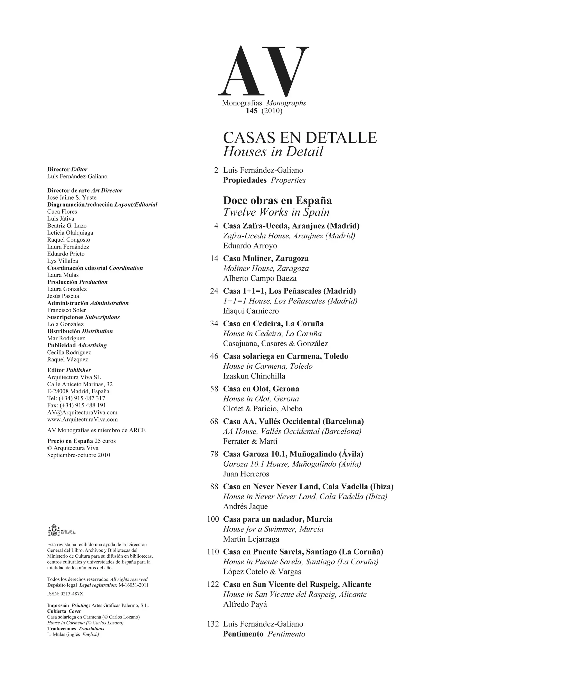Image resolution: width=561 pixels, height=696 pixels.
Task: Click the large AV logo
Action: pyautogui.click(x=263, y=71)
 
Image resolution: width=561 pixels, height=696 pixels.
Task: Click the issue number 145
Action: pyautogui.click(x=251, y=111)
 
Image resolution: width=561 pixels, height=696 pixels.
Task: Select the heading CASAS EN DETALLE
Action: pyautogui.click(x=300, y=138)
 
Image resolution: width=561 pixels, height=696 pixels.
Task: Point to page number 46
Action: pyautogui.click(x=214, y=356)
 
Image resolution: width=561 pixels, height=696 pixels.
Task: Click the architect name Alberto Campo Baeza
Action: pyautogui.click(x=260, y=279)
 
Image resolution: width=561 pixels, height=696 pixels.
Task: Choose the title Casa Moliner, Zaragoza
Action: pyautogui.click(x=266, y=258)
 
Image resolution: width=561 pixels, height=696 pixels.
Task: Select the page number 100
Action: pyautogui.click(x=213, y=519)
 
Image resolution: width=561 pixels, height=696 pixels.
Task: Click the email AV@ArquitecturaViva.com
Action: pyautogui.click(x=82, y=412)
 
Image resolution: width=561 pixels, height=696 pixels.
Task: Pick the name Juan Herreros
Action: pyautogui.click(x=246, y=474)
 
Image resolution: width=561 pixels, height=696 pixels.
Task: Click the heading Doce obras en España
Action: pyautogui.click(x=277, y=200)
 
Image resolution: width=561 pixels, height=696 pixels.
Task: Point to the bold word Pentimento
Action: pyautogui.click(x=243, y=634)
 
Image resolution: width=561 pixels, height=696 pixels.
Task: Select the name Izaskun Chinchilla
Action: pyautogui.click(x=254, y=376)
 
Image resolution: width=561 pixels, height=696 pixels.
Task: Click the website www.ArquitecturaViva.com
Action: pyautogui.click(x=82, y=419)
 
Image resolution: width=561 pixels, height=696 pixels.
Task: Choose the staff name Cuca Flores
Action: pyautogui.click(x=62, y=211)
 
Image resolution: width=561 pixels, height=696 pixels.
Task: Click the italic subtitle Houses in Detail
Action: pyautogui.click(x=273, y=152)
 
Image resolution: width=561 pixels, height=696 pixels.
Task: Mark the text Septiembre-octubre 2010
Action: pyautogui.click(x=79, y=455)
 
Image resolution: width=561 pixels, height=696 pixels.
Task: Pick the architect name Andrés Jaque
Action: pyautogui.click(x=245, y=506)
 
